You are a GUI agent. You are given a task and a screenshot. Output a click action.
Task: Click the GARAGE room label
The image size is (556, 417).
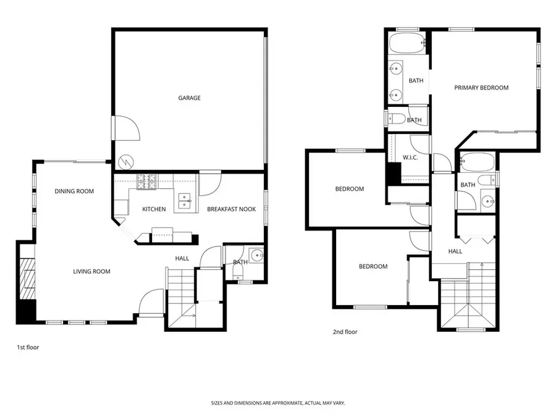189,98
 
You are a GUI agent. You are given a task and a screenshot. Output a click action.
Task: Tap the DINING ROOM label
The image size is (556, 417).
74,192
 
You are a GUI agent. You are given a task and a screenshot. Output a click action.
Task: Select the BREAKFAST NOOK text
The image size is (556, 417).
231,209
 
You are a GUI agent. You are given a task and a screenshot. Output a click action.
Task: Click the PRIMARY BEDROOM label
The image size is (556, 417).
481,88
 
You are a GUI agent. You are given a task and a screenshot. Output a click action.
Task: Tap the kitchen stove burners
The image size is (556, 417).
148,181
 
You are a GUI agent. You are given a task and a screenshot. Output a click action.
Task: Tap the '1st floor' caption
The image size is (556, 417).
28,348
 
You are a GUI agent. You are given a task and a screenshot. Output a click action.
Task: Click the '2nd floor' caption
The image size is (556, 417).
345,332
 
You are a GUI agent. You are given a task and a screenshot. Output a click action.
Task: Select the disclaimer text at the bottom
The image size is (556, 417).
277,403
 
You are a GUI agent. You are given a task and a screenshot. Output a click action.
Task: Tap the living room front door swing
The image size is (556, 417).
152,303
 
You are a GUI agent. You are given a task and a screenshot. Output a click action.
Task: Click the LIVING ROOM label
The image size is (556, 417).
91,271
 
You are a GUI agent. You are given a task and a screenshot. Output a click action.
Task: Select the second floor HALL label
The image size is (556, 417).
455,251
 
